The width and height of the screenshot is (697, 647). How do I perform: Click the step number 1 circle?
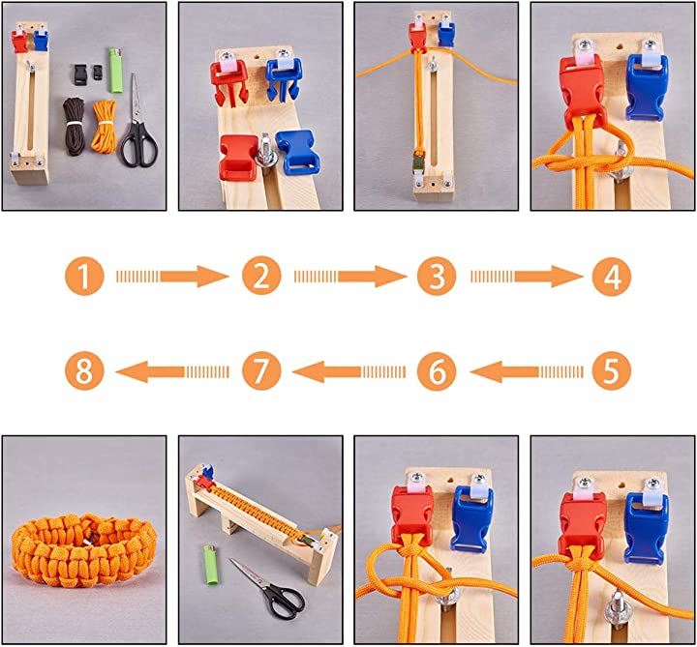84,277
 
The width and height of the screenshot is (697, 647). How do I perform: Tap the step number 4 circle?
612,277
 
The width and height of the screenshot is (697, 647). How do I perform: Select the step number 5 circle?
612,370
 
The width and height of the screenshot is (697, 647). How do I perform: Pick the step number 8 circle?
84,370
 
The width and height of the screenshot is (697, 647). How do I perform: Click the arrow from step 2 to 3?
349,277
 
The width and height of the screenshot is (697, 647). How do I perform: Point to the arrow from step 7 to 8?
173,371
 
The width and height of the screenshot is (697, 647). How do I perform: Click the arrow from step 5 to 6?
527,371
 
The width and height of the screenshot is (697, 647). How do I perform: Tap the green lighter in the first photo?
115,71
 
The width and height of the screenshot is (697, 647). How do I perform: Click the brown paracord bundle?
74,126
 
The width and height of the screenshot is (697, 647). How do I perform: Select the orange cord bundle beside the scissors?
104,126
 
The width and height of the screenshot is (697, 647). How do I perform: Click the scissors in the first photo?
137,125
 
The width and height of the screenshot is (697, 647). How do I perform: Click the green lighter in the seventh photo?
212,565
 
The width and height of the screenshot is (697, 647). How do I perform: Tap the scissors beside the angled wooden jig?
268,589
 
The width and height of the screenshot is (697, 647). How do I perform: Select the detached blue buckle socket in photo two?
297,152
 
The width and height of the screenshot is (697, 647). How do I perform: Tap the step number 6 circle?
437,370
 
